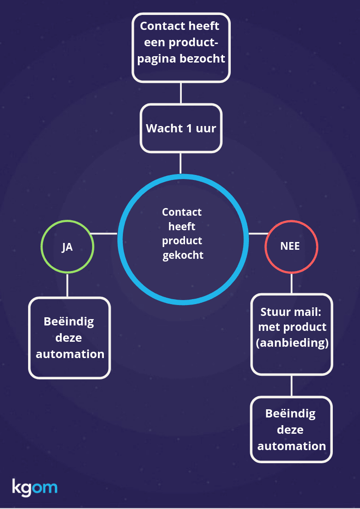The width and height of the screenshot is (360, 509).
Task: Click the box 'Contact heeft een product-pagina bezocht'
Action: click(181, 47)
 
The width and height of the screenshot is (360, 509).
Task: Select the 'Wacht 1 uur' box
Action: click(181, 128)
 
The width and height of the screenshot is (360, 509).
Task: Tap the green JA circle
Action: click(67, 247)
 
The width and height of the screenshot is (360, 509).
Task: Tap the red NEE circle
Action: click(291, 247)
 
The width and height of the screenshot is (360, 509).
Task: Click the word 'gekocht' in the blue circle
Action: click(183, 255)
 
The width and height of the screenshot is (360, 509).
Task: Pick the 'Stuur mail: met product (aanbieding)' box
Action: click(292, 334)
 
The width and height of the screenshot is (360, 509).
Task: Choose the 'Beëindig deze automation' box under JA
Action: click(69, 338)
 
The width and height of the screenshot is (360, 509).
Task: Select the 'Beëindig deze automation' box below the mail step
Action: click(292, 429)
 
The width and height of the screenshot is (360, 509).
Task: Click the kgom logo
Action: click(34, 488)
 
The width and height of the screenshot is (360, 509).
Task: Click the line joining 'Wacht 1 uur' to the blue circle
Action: click(181, 163)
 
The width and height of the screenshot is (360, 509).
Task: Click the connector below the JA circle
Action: click(67, 285)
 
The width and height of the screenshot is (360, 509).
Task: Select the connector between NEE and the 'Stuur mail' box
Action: click(291, 283)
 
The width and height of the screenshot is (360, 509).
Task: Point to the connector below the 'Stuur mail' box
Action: click(291, 385)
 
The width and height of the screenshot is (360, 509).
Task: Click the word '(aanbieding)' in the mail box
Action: click(292, 343)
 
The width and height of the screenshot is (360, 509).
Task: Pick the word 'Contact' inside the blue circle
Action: click(182, 212)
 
